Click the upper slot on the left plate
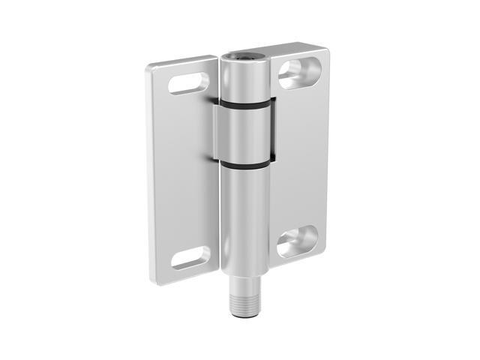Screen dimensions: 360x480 (x=188, y=82)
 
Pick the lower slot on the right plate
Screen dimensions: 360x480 (x=297, y=242)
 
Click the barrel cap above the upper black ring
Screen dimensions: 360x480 (x=244, y=79)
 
